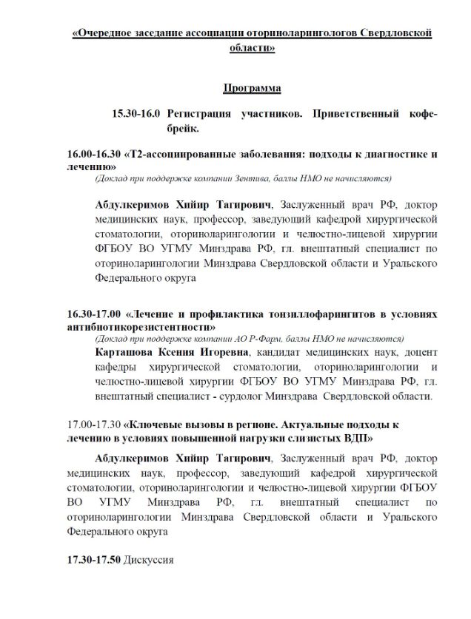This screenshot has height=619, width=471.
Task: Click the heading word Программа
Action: point(252,89)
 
